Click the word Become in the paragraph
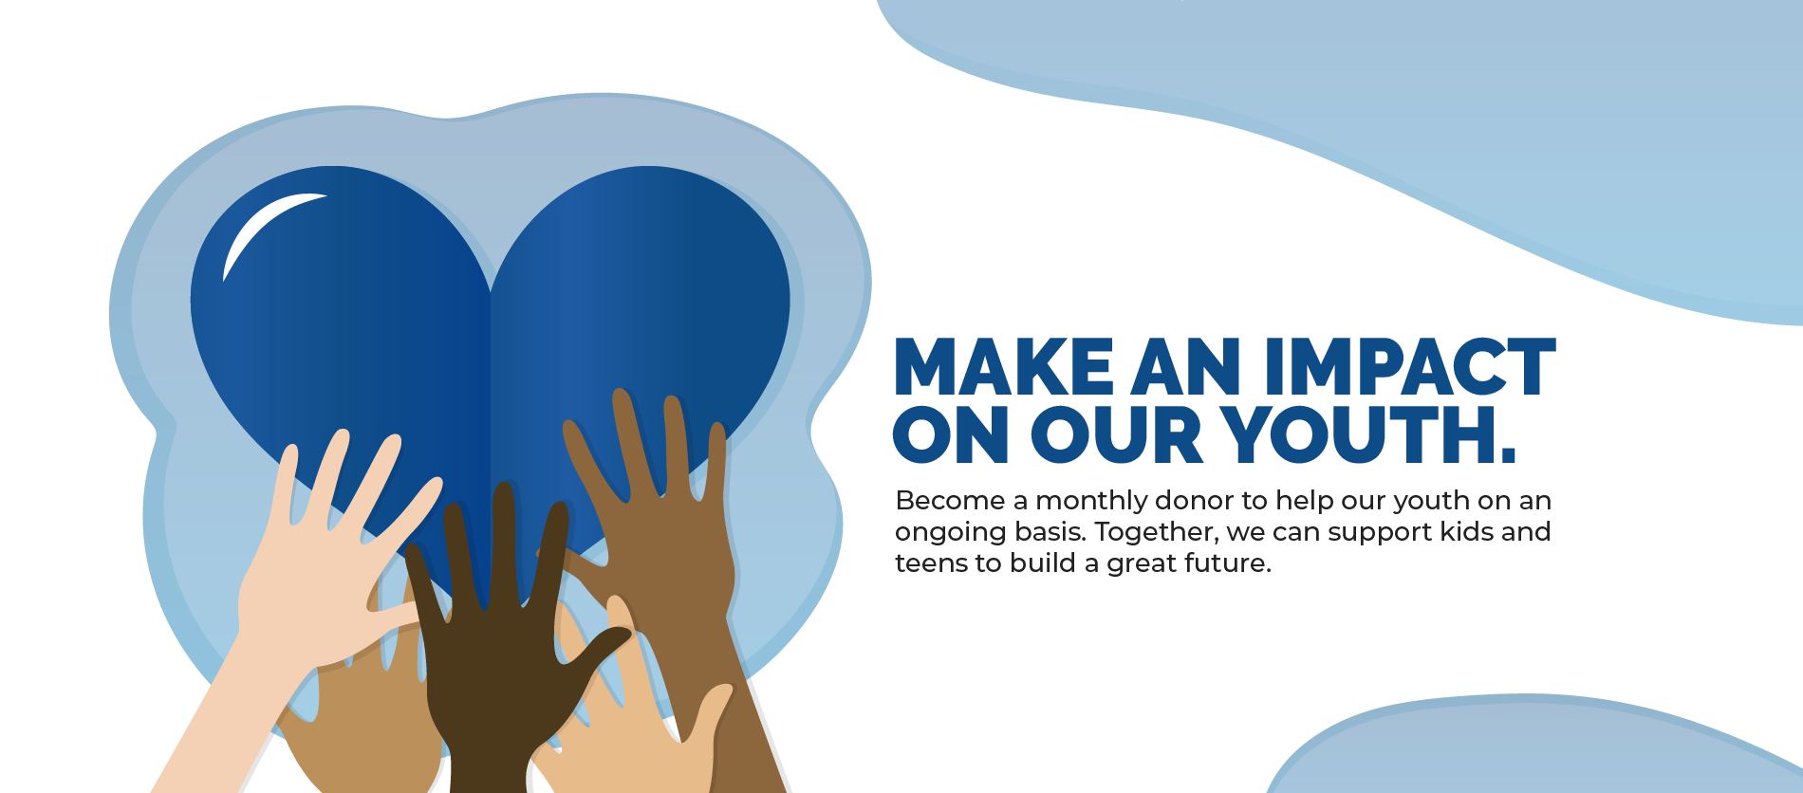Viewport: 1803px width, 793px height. pyautogui.click(x=950, y=500)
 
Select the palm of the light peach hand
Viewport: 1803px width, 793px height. pyautogui.click(x=313, y=598)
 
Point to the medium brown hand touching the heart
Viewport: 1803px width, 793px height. pyautogui.click(x=655, y=531)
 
